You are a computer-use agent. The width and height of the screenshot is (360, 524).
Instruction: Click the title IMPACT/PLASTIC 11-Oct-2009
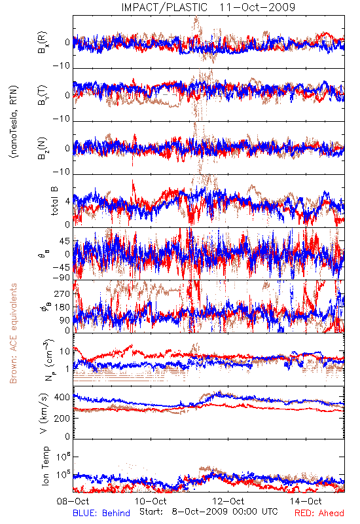[x=208, y=7]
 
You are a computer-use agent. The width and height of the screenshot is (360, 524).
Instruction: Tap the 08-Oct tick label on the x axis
[x=73, y=501]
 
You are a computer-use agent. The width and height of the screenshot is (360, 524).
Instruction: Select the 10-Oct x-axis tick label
[x=151, y=501]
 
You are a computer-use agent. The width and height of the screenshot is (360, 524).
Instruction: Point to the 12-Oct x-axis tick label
[x=228, y=501]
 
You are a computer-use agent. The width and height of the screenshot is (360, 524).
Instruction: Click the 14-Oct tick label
[x=306, y=501]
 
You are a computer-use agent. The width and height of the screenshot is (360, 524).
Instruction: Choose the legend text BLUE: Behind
[x=101, y=513]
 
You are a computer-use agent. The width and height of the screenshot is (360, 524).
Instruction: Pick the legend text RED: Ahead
[x=319, y=513]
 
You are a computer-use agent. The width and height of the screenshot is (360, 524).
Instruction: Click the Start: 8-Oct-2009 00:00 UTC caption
[x=209, y=512]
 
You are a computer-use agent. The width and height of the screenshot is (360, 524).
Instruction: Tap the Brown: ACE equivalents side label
[x=13, y=333]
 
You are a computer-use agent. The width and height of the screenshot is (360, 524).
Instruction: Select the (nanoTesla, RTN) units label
[x=14, y=122]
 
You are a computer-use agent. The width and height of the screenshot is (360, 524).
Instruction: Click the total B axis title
[x=54, y=201]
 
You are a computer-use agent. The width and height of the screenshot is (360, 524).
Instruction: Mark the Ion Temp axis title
[x=45, y=466]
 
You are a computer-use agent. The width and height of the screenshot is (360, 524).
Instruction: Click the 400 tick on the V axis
[x=62, y=398]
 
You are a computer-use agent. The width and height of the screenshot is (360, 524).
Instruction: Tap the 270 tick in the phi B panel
[x=62, y=293]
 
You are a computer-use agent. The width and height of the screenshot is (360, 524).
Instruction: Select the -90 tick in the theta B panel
[x=62, y=277]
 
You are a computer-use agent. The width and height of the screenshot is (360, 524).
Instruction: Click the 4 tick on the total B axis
[x=68, y=201]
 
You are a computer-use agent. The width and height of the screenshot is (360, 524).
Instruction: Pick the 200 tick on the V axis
[x=62, y=418]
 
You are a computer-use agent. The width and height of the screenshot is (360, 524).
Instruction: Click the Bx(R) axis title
[x=43, y=43]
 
